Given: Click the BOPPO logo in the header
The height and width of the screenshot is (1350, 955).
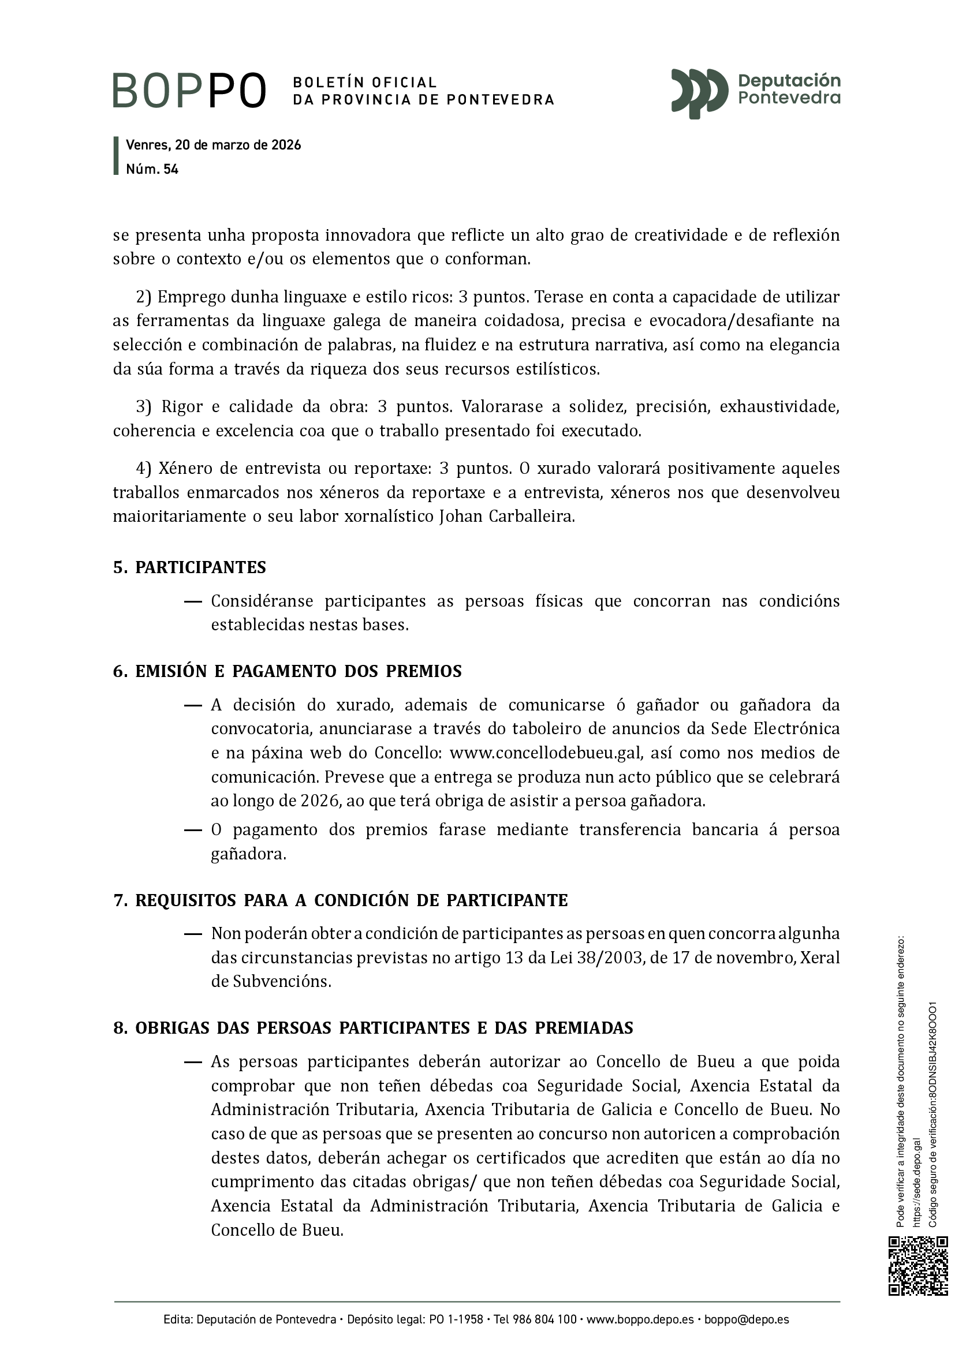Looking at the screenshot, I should click(189, 91).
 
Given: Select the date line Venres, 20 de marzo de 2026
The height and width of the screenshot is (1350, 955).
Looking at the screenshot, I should click(214, 145).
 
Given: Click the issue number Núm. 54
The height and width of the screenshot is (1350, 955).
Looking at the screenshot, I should click(152, 169).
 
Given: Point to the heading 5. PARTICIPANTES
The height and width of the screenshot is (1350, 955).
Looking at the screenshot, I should click(189, 567).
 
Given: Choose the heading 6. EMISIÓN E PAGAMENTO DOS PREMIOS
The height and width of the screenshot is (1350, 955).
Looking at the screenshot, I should click(287, 671).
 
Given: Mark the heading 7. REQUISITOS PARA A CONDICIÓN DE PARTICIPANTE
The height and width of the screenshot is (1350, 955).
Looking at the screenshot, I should click(341, 900).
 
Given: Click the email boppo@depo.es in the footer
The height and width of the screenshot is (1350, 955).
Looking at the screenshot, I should click(747, 1320).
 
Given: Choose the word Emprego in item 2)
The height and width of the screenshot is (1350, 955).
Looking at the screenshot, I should click(188, 297).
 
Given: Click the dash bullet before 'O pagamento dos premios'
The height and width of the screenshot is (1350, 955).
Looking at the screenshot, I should click(193, 830).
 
